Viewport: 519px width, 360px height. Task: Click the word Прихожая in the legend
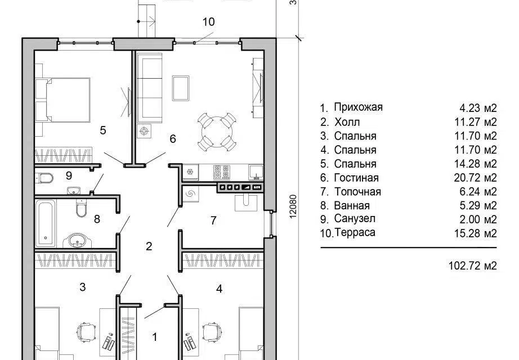[358, 107]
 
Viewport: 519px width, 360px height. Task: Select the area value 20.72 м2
[475, 178]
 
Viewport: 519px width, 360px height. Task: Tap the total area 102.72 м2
[473, 265]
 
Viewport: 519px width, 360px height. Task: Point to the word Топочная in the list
[357, 192]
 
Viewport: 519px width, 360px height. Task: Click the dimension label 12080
[293, 206]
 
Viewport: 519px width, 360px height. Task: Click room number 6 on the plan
[172, 138]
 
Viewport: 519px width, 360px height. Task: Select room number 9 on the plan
[69, 175]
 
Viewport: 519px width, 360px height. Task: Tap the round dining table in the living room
[217, 132]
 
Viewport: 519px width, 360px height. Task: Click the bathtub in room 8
[46, 223]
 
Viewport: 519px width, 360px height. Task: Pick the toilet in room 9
[44, 178]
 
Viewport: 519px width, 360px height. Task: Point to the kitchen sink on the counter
[256, 172]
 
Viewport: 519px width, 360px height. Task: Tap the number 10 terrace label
[208, 22]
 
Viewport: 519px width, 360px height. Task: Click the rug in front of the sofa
[181, 88]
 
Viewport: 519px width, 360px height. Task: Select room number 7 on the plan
[213, 220]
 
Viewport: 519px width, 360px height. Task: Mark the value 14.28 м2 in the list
[475, 164]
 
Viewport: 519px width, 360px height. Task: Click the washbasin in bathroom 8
[77, 241]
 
